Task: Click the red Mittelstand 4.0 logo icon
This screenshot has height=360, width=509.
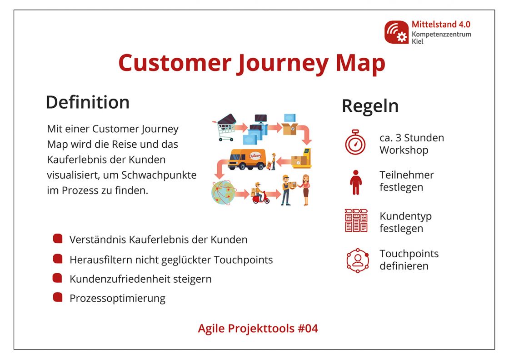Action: (396, 32)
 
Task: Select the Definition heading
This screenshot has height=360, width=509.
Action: (88, 102)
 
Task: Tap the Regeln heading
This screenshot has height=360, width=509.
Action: (370, 106)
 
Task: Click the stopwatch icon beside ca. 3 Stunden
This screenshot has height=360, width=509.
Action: (355, 142)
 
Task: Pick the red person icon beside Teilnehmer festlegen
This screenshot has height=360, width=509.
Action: (356, 182)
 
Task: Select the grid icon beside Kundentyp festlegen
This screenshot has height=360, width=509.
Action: (356, 220)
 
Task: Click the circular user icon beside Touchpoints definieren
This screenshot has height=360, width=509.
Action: (358, 260)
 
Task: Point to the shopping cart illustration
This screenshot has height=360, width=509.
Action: (225, 127)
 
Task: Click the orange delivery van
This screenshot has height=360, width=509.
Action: (247, 159)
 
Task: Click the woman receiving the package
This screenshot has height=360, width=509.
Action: (305, 190)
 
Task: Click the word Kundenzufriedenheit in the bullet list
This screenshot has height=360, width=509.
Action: (120, 279)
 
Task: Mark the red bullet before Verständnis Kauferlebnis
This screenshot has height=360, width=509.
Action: (58, 239)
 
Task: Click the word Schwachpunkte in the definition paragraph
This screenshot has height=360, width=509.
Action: (159, 175)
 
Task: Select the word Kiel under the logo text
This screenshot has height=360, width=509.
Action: (418, 41)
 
